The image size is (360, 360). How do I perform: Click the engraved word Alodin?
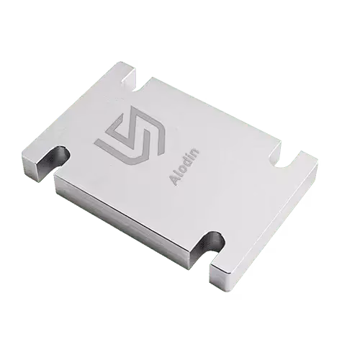coord(184,167)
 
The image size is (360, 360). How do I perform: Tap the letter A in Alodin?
coord(174,181)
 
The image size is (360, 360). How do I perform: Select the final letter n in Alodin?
coord(196,153)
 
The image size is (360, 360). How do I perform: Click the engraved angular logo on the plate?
coord(130,135)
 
